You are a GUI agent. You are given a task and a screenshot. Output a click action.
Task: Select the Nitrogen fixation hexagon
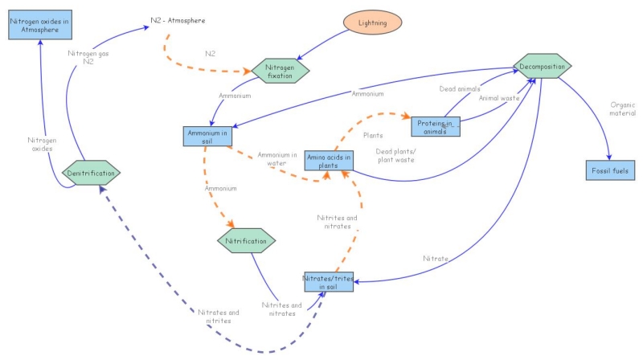281,70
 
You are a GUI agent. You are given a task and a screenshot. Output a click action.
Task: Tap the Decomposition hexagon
543,67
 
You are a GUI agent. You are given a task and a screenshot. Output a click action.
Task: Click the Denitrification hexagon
91,172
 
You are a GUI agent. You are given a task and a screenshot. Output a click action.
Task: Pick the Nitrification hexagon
247,239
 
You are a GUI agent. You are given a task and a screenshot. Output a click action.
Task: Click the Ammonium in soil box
207,136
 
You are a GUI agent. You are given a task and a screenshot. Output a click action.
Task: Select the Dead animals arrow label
458,88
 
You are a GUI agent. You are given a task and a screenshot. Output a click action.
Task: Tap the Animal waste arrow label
499,98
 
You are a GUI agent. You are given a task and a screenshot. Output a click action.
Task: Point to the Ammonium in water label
276,158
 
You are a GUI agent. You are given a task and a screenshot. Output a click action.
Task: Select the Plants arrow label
372,136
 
